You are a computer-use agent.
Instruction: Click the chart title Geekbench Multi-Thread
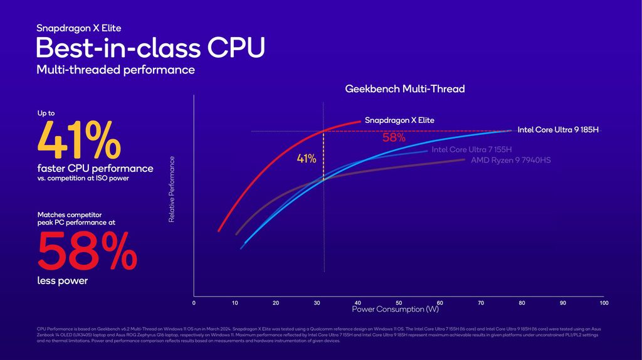click(405, 89)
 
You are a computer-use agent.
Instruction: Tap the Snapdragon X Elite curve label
click(399, 120)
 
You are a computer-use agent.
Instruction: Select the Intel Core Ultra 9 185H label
click(558, 130)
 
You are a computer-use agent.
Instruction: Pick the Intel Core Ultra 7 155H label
click(471, 149)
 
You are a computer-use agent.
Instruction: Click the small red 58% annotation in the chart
click(394, 138)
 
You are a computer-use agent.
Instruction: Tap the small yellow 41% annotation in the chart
click(307, 159)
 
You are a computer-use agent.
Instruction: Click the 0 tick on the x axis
click(194, 303)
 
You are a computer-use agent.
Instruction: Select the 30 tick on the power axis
click(317, 303)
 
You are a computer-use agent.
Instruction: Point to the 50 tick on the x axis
click(399, 303)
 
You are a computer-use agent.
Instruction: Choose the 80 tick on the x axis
click(522, 303)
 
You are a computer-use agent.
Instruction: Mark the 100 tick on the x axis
click(603, 303)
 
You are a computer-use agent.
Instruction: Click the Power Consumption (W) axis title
click(395, 310)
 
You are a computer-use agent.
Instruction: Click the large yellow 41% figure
click(80, 140)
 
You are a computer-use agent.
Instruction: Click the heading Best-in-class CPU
click(150, 48)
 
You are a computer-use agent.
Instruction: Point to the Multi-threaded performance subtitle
click(115, 70)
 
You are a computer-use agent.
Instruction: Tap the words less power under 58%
click(62, 281)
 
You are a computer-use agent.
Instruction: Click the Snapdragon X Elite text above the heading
click(78, 28)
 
